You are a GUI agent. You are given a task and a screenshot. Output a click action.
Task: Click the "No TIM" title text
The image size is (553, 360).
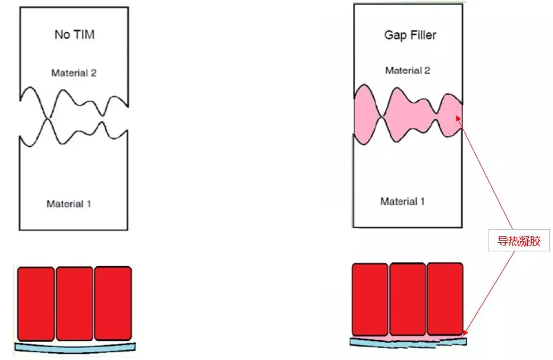(x=74, y=35)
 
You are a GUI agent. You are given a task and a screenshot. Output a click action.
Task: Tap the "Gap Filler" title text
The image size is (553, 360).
(x=410, y=35)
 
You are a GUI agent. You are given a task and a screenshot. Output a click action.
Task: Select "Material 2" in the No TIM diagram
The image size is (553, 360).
(x=74, y=73)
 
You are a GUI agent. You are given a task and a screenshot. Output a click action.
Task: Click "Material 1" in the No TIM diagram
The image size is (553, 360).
(x=69, y=204)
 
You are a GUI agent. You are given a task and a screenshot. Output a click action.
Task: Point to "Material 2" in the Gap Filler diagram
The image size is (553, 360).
(x=408, y=71)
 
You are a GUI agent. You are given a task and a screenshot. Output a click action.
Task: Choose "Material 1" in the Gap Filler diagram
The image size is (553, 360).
(x=402, y=201)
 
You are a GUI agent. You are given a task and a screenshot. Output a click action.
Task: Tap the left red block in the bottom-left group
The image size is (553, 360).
(x=36, y=303)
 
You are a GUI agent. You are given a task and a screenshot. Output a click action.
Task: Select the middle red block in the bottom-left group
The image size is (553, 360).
(x=75, y=303)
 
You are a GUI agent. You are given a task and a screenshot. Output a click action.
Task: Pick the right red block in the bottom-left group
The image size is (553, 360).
(x=113, y=303)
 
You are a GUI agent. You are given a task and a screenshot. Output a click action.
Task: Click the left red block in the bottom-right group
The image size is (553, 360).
(x=370, y=299)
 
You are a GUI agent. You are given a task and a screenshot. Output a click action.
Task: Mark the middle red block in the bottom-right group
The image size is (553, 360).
(x=408, y=299)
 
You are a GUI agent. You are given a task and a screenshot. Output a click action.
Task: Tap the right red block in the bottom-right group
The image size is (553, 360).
(x=445, y=298)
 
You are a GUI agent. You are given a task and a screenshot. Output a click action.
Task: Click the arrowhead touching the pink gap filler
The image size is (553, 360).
(x=458, y=118)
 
